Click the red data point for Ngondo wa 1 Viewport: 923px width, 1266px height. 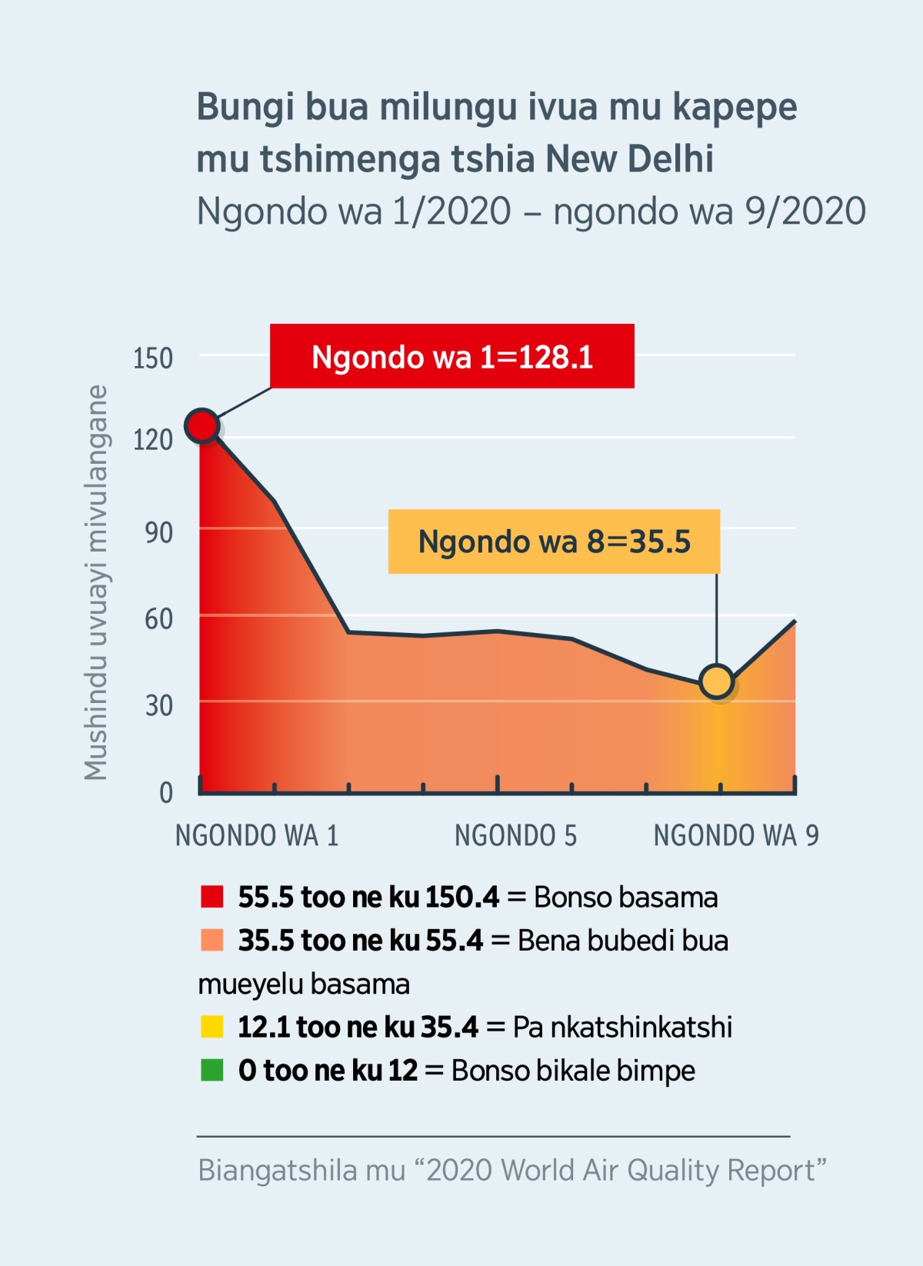pyautogui.click(x=202, y=425)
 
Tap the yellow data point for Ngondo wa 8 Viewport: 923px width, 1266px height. pyautogui.click(x=717, y=681)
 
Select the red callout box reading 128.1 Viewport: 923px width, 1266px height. pyautogui.click(x=452, y=356)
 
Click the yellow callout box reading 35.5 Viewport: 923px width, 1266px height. pyautogui.click(x=554, y=541)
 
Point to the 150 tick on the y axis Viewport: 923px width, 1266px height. pyautogui.click(x=153, y=358)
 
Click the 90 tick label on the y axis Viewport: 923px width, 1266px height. pyautogui.click(x=158, y=532)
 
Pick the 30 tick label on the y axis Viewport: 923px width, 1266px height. pyautogui.click(x=158, y=705)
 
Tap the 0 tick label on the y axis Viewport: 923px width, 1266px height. pyautogui.click(x=165, y=792)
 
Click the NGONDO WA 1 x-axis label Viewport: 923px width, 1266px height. pyautogui.click(x=257, y=835)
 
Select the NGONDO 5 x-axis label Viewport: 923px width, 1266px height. pyautogui.click(x=515, y=835)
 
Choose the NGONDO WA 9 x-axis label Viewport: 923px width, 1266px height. pyautogui.click(x=736, y=835)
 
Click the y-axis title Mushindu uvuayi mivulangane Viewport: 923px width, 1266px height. pyautogui.click(x=96, y=582)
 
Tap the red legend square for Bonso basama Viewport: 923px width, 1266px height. pyautogui.click(x=212, y=897)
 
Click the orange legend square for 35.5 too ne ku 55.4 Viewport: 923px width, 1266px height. pyautogui.click(x=212, y=940)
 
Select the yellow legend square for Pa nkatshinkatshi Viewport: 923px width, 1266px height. pyautogui.click(x=212, y=1027)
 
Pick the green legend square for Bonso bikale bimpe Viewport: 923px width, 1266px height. pyautogui.click(x=212, y=1070)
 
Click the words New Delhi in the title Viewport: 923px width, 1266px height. pyautogui.click(x=629, y=159)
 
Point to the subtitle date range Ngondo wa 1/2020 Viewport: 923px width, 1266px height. pyautogui.click(x=354, y=211)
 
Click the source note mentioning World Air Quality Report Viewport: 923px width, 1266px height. pyautogui.click(x=511, y=1170)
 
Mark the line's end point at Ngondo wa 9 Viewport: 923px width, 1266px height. pyautogui.click(x=795, y=621)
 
